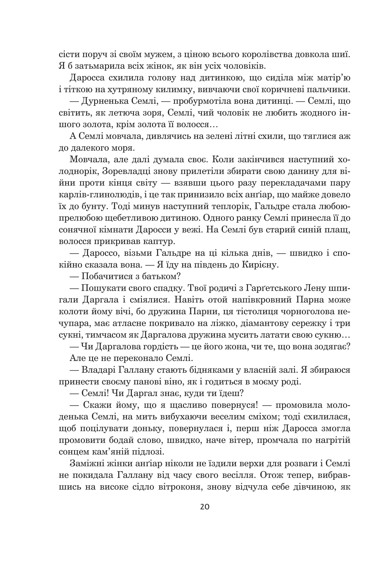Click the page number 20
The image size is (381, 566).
point(204,507)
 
